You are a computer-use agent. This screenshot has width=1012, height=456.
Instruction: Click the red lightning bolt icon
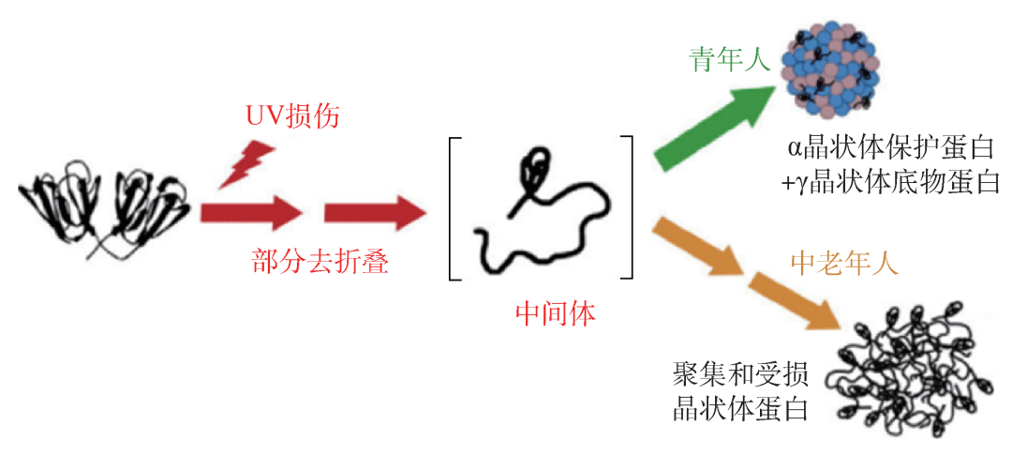point(246,164)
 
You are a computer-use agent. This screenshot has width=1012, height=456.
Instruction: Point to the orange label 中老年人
point(844,263)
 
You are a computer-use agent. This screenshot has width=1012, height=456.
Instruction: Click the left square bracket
point(456,207)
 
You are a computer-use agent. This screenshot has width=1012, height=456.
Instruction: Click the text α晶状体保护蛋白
point(890,148)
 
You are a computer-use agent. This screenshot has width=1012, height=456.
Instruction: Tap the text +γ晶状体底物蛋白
point(890,183)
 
